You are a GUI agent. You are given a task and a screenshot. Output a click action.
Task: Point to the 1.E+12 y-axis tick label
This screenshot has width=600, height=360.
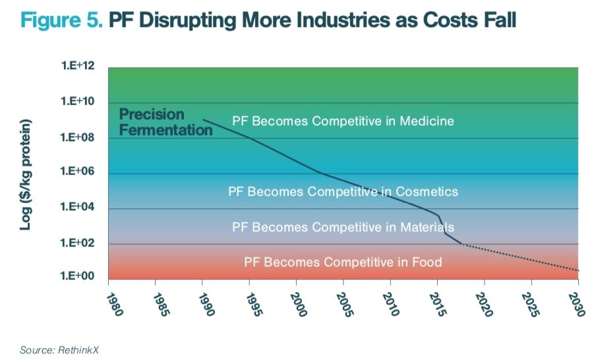pos(79,67)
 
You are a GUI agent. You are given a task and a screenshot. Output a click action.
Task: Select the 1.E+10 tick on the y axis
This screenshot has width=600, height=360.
pos(79,102)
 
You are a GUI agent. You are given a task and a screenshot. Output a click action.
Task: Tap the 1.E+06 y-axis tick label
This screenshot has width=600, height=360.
pos(79,173)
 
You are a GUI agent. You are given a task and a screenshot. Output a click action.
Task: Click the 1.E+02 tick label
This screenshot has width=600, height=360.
pos(79,243)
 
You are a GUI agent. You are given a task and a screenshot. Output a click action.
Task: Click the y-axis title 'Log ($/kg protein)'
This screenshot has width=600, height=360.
pos(26,175)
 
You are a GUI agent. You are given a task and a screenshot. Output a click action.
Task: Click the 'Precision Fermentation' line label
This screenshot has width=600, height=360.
pos(165,122)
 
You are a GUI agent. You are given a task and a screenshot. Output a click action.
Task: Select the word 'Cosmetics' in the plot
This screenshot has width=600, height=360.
pos(427,192)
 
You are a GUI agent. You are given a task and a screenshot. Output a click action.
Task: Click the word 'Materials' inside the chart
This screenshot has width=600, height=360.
pos(426,227)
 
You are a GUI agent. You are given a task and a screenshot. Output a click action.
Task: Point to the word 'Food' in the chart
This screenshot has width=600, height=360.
pos(427,262)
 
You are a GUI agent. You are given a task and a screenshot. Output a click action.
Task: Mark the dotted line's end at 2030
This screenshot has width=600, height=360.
pos(578,270)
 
